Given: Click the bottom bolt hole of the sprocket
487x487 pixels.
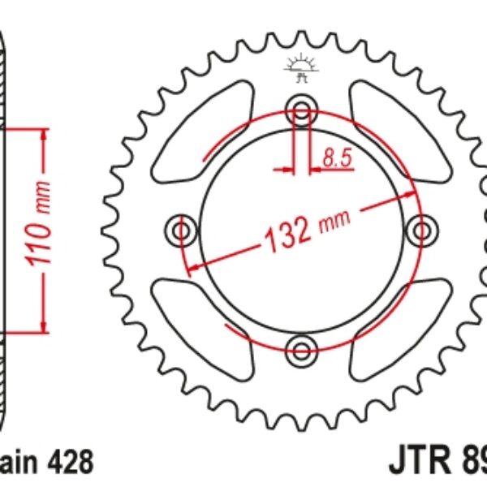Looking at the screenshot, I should click(x=301, y=351).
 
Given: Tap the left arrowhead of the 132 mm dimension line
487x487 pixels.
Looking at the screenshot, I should click(x=194, y=265).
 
